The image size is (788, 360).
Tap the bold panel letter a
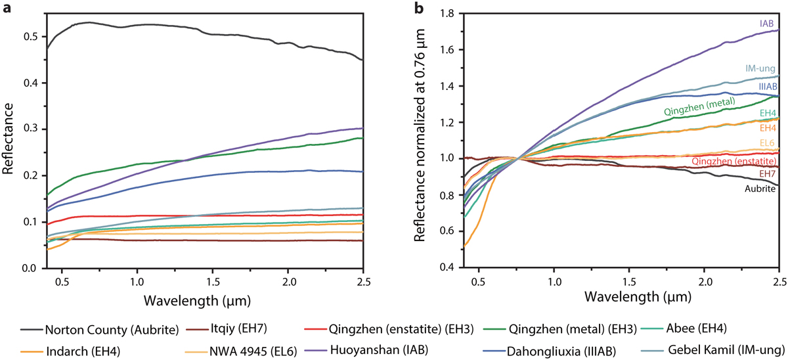(x=5, y=8)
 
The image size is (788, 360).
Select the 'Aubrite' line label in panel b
(x=762, y=189)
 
